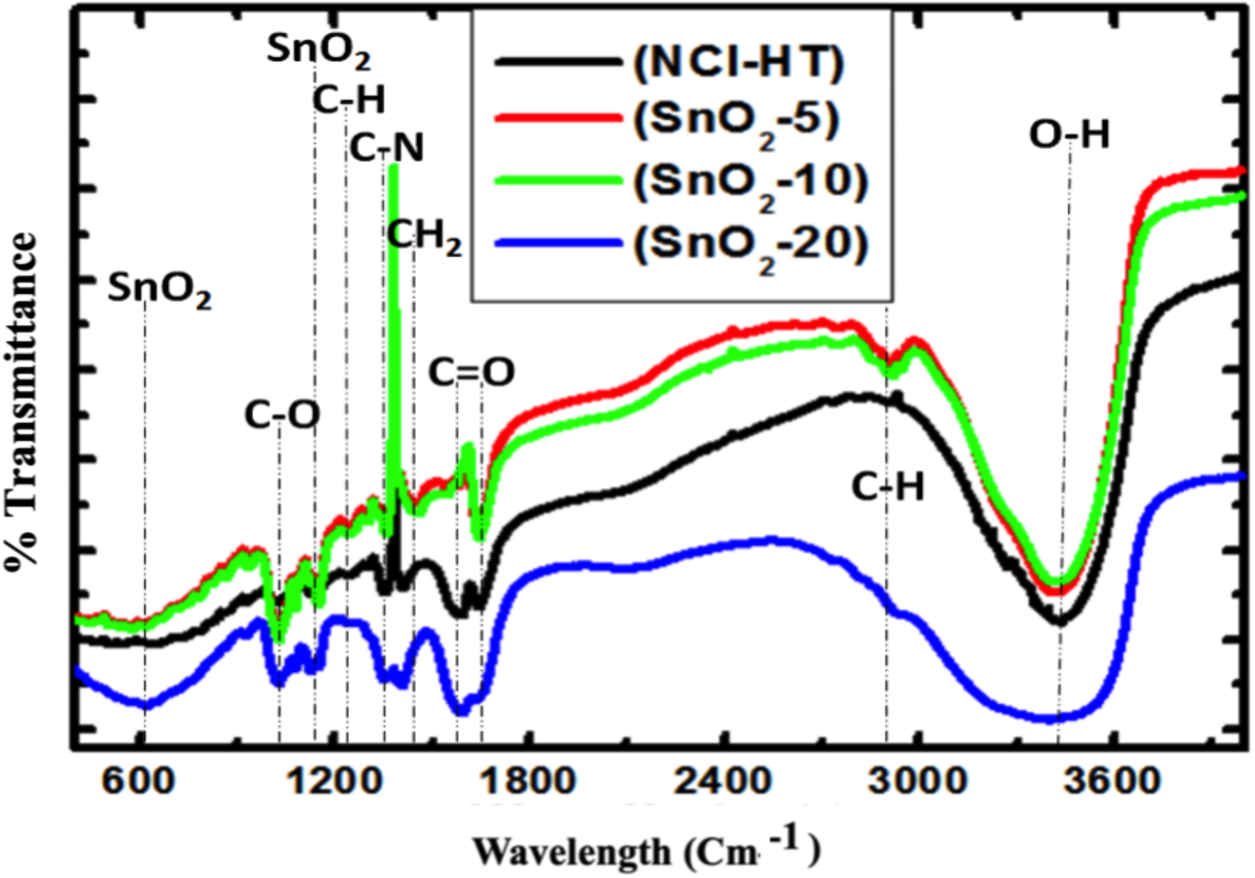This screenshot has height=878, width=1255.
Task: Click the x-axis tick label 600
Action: pos(138,781)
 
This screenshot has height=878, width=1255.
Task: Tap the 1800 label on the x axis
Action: pos(529,781)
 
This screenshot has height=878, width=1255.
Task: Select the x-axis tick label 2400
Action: pos(722,781)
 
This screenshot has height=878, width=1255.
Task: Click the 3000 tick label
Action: pos(917,781)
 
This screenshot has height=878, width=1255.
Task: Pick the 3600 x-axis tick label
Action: pos(1112,781)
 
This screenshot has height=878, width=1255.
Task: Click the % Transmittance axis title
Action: pos(22,400)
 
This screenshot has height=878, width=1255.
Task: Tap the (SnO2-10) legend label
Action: pos(751,183)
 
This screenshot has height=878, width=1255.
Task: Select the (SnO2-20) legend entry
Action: pos(751,244)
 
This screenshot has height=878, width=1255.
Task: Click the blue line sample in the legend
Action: pos(558,243)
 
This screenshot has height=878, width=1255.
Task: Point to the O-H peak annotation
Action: pos(1069,134)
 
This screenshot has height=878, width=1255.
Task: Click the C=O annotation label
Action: pos(471,372)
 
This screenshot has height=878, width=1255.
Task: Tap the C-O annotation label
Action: pos(282,414)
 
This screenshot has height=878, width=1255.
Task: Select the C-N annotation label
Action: pos(386,148)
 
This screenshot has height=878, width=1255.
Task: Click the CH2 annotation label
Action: pos(424,236)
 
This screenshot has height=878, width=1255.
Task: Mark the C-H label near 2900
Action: pos(887,487)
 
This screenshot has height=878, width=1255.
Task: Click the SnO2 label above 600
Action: pos(159,289)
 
